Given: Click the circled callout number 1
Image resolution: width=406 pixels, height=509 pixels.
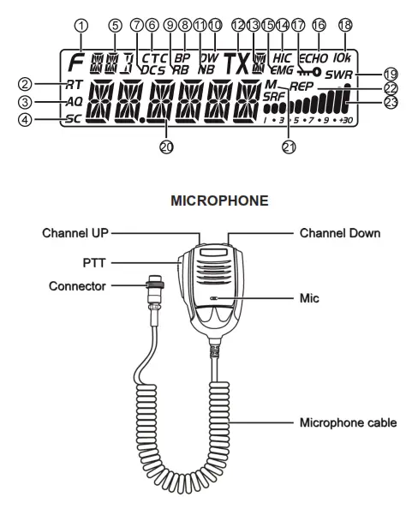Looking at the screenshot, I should tap(80, 26).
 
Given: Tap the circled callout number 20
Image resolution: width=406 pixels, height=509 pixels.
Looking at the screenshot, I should tap(166, 147).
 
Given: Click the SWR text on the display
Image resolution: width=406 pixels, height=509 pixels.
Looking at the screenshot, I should tap(361, 76).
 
